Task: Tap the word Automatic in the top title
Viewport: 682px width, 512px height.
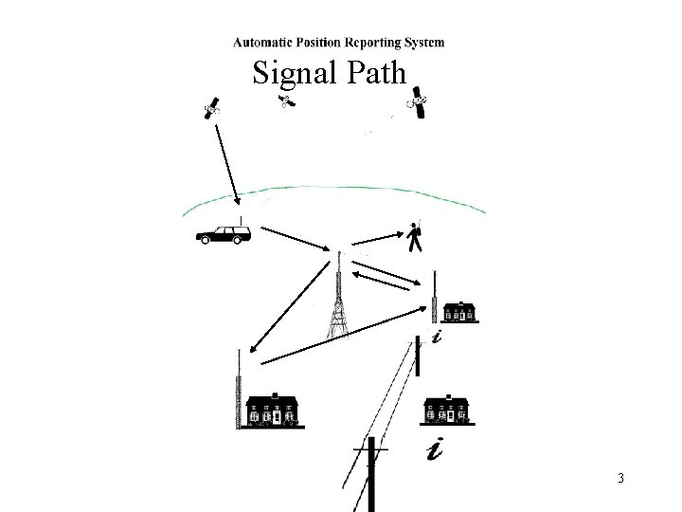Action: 264,42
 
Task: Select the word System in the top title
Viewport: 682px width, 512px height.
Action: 422,42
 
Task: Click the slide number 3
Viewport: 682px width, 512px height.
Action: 619,478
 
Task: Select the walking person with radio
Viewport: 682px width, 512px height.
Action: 414,237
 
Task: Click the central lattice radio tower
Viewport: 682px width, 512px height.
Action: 338,303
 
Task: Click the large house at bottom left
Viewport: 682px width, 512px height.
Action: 273,410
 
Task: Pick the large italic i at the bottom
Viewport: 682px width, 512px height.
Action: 434,448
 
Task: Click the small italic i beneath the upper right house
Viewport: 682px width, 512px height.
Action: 435,338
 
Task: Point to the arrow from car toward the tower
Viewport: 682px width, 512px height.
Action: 294,236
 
